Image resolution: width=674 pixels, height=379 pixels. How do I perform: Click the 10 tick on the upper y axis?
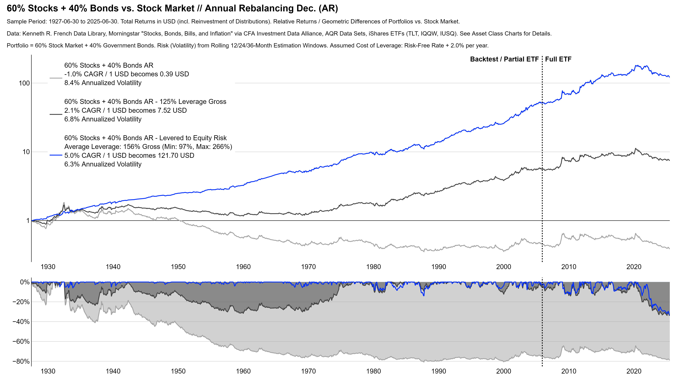click(x=26, y=152)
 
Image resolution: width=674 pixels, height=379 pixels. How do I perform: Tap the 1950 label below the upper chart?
click(x=178, y=267)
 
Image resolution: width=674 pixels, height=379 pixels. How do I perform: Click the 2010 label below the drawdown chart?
click(x=569, y=371)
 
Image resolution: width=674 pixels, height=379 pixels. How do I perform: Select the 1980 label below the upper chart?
click(x=373, y=267)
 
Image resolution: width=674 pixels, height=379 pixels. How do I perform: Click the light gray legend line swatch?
click(x=56, y=78)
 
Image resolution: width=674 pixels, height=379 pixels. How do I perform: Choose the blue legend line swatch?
click(x=56, y=155)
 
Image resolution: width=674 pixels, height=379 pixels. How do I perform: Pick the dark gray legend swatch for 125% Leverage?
click(x=56, y=114)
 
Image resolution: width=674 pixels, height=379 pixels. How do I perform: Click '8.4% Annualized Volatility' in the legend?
click(x=103, y=83)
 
